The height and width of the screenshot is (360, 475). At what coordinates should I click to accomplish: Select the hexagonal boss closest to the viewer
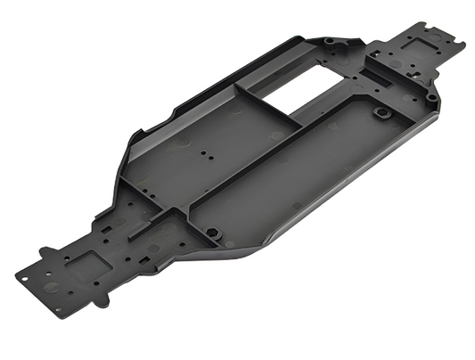point(214,233)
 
